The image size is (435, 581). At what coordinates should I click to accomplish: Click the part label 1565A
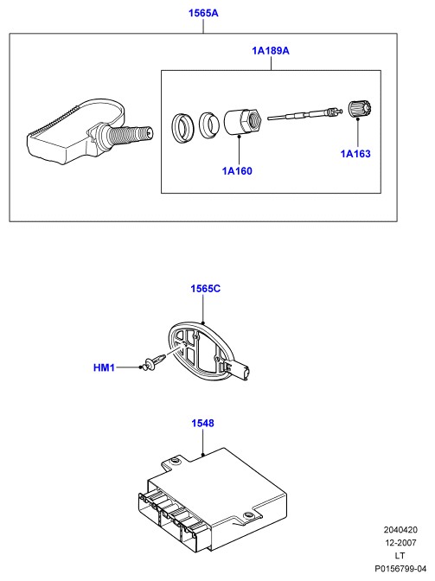click(x=203, y=13)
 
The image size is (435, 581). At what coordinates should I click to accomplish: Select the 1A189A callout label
click(x=271, y=50)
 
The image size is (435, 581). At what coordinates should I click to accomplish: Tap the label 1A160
click(x=237, y=171)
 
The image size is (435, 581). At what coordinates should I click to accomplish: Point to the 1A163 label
click(x=355, y=153)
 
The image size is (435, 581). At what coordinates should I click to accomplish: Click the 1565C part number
click(x=206, y=288)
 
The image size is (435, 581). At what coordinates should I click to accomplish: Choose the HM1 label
click(x=104, y=367)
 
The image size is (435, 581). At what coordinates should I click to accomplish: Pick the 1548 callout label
click(x=202, y=423)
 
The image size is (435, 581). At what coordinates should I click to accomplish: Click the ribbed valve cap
click(x=360, y=109)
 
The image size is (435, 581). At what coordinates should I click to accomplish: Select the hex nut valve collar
click(x=243, y=122)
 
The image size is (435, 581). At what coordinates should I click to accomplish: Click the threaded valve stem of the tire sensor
click(x=132, y=134)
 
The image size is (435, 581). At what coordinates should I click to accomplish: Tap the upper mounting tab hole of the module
click(x=175, y=460)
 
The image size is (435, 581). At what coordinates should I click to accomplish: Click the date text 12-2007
click(x=401, y=543)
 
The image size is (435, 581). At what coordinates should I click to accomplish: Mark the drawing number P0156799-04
click(x=400, y=568)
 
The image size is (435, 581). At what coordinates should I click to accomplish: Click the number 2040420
click(x=400, y=530)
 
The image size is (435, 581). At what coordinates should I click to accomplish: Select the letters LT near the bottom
click(x=400, y=555)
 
